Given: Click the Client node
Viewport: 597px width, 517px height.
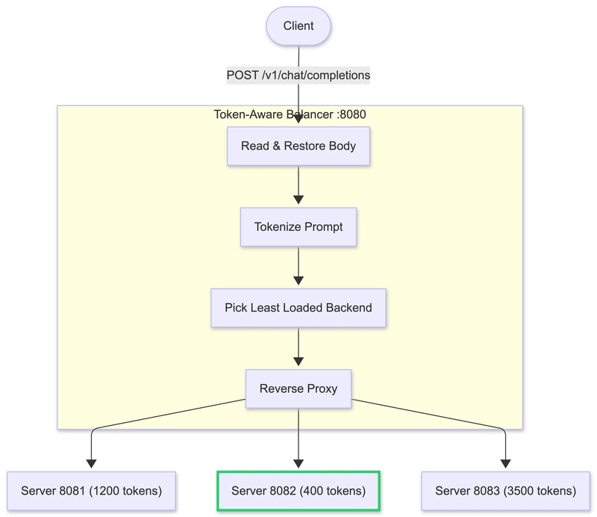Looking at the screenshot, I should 298,26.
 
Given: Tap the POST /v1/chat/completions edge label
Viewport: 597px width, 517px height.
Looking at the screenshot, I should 298,75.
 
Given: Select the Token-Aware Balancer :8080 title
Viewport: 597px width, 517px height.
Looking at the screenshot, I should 290,114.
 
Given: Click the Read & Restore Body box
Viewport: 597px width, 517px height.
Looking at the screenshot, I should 298,146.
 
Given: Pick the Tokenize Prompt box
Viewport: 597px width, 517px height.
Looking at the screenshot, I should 298,226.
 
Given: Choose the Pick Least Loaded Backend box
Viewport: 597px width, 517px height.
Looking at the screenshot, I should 298,307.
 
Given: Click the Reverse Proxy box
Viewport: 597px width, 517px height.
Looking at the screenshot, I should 298,388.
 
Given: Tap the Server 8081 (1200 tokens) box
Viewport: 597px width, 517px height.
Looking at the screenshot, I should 91,491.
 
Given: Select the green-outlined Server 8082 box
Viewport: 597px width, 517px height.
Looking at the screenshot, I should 298,491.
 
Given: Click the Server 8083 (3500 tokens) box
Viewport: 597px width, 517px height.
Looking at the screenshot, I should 506,491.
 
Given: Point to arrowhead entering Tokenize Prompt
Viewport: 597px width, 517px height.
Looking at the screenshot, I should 298,199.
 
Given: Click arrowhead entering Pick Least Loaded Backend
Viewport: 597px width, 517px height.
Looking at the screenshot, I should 298,280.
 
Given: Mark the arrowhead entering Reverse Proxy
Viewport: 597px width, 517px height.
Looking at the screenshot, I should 298,361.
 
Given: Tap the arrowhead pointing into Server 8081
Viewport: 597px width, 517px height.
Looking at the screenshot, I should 91,463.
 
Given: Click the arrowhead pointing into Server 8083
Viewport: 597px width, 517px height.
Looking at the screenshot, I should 506,463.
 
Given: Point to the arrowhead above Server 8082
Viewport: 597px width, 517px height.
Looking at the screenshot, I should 298,462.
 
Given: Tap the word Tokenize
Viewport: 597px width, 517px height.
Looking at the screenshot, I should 278,226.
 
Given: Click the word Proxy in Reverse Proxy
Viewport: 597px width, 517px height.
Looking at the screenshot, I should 321,388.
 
